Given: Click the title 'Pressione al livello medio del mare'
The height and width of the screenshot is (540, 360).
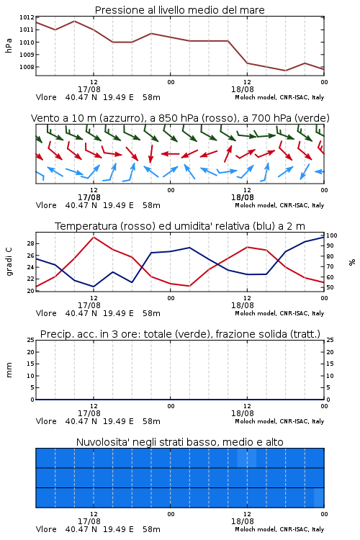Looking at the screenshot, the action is point(179,10).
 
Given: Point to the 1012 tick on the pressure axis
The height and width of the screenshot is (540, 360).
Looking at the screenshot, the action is point(27,17).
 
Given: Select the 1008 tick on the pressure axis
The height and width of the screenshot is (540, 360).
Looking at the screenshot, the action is point(27,67).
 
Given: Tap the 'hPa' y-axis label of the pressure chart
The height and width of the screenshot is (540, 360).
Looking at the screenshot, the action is point(9,45).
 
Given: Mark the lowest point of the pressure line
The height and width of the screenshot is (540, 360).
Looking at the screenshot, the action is point(285,71).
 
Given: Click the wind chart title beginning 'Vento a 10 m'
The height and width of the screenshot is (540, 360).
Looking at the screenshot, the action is point(180,118).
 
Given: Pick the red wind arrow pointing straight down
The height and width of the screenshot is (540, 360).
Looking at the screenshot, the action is point(150,153).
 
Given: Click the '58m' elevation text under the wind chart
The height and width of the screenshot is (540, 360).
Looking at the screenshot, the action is point(151,205).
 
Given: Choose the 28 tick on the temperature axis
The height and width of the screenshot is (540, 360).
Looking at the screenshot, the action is point(31,243).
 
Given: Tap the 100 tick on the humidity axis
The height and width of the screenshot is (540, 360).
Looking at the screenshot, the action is point(332,235).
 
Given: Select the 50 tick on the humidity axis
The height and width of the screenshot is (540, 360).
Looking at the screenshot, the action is point(330,287).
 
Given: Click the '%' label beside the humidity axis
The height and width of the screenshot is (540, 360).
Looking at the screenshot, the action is point(352,262).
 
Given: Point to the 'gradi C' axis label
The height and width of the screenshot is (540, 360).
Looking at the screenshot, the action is point(9,261).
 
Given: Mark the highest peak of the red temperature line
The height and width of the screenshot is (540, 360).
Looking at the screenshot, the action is point(94,237).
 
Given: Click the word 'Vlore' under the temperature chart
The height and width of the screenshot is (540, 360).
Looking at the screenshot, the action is point(46,313).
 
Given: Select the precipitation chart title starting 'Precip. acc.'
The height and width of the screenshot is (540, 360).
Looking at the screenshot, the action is point(180,334).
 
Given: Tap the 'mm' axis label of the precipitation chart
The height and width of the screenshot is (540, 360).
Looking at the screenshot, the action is point(9,370).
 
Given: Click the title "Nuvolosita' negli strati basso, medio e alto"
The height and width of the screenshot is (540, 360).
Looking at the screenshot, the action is point(179,442).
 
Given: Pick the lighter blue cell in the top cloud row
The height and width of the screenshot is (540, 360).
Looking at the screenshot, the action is point(247,458).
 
